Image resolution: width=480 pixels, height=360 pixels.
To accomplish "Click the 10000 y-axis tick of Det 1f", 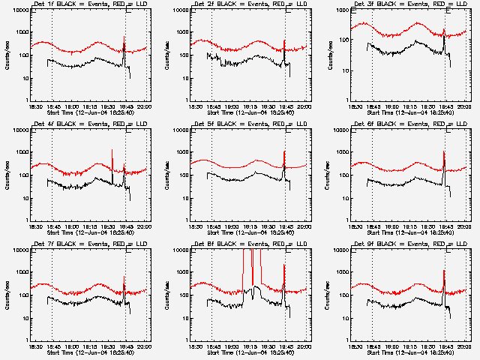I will click(18, 11).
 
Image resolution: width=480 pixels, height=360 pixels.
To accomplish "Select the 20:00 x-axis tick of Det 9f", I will click(464, 346).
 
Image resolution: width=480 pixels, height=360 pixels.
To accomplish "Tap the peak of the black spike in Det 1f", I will click(124, 36).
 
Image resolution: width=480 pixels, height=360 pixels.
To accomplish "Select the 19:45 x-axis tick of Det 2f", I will click(285, 106).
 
